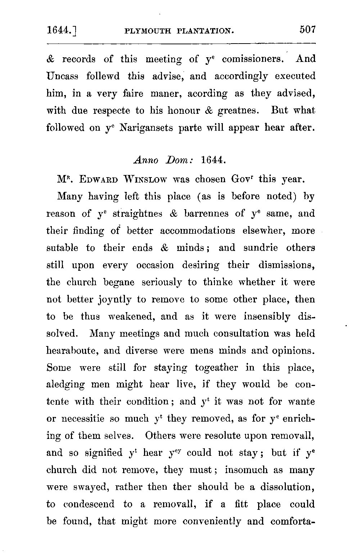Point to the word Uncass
[62, 76]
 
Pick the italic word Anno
[145, 160]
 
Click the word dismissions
[287, 265]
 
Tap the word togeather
[216, 368]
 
